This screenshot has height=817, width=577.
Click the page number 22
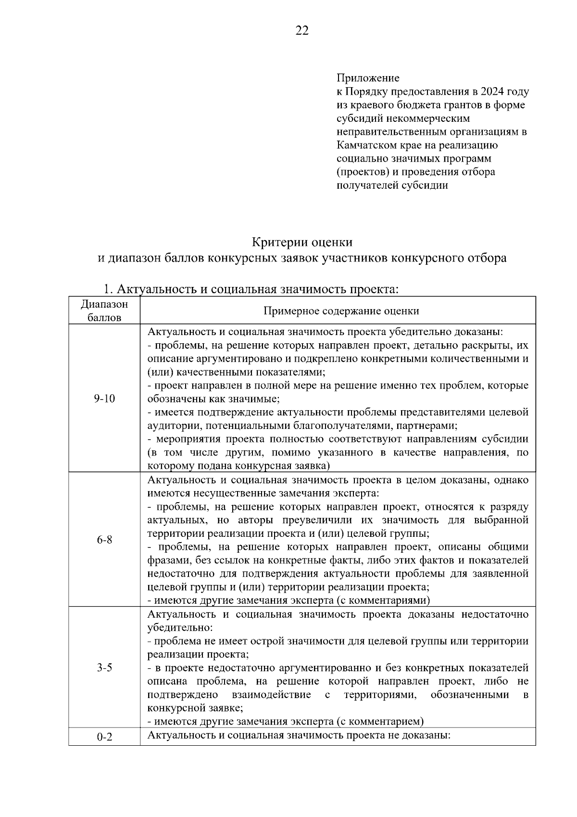pyautogui.click(x=301, y=31)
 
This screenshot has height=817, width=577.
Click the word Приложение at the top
pyautogui.click(x=367, y=78)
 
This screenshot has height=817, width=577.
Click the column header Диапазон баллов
pyautogui.click(x=104, y=311)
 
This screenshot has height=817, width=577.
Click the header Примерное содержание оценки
pyautogui.click(x=341, y=311)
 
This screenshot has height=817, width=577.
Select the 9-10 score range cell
pyautogui.click(x=104, y=399)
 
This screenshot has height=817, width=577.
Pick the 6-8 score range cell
pyautogui.click(x=104, y=540)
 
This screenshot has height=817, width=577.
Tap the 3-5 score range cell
pyautogui.click(x=104, y=668)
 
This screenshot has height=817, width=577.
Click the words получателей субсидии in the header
pyautogui.click(x=392, y=185)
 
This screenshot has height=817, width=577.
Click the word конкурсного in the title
pyautogui.click(x=426, y=259)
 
